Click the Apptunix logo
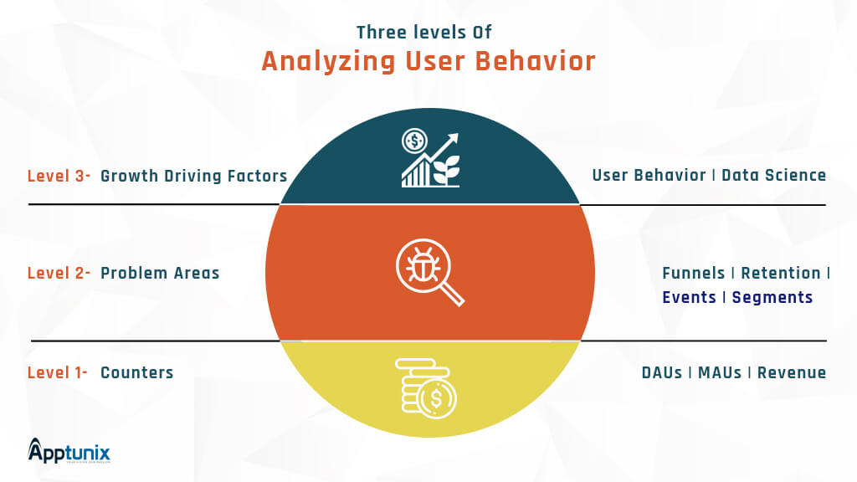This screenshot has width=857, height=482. point(69,451)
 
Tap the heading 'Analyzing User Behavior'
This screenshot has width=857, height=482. point(428,60)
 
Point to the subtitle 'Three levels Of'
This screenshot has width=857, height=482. point(424,33)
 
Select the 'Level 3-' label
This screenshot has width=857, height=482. point(59,176)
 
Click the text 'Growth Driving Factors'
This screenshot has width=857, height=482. point(194,176)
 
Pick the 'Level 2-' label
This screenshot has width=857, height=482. point(59,273)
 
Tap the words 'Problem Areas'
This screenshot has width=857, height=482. point(160,273)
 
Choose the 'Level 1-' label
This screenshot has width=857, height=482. point(58,372)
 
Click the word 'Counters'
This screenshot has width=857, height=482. point(137,372)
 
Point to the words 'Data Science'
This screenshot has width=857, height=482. point(774,175)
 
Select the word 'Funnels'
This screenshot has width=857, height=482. point(694,273)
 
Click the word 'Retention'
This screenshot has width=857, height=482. point(781,273)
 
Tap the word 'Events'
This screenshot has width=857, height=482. point(690,297)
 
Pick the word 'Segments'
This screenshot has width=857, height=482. point(772,297)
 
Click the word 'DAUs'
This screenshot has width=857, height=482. point(662,372)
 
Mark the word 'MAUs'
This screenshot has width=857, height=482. point(720,372)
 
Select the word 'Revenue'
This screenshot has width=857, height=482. point(792,372)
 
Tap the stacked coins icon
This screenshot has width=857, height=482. point(426,388)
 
